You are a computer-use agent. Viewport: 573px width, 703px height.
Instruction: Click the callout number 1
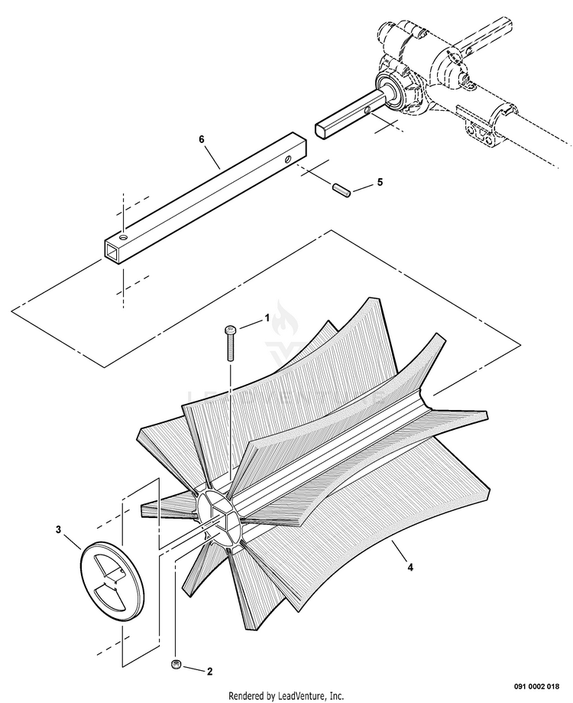pos(267,316)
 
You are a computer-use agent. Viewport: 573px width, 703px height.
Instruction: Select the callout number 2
pos(209,672)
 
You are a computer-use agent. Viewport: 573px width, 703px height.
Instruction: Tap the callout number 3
pos(58,529)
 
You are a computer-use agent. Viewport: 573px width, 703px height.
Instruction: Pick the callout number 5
pos(380,184)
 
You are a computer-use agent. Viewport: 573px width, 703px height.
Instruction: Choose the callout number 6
pos(202,140)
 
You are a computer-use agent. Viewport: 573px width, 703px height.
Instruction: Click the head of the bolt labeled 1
pos(231,330)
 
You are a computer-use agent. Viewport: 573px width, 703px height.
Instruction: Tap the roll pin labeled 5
pos(342,189)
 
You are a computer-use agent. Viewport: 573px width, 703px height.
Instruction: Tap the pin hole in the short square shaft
pos(367,111)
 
